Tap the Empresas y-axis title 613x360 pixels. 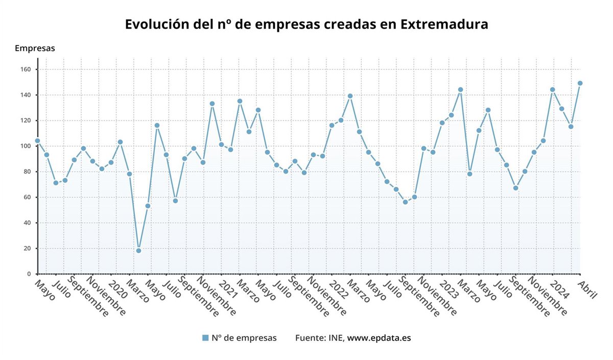35,49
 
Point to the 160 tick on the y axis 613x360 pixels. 26,69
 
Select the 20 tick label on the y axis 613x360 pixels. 28,249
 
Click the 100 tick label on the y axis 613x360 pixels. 26,146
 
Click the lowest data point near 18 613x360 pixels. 138,251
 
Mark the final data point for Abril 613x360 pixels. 580,83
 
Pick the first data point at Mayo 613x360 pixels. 37,141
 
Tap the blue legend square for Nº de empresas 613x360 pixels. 205,338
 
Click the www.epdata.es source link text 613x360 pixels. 379,338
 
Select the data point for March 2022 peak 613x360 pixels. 350,96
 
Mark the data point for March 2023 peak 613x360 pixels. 460,90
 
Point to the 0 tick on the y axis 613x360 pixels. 29,274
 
